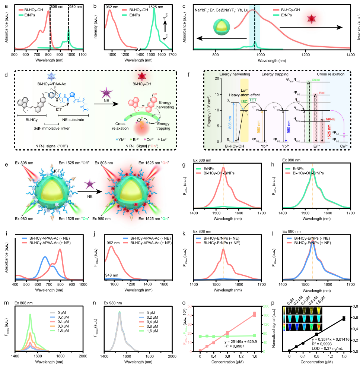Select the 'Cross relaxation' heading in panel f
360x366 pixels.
pyautogui.click(x=330, y=75)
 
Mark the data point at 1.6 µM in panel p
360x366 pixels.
pyautogui.click(x=344, y=318)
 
